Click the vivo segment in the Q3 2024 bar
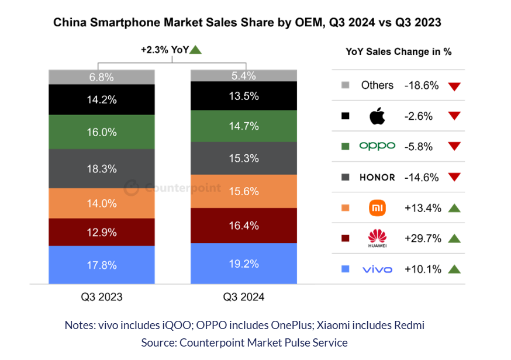[243, 263]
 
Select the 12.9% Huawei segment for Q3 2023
[102, 232]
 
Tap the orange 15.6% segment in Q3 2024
[243, 191]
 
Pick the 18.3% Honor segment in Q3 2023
[102, 168]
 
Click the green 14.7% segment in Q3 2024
[243, 126]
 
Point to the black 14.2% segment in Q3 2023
[102, 99]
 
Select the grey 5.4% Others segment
[243, 75]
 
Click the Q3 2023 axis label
[102, 297]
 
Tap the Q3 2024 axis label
[243, 297]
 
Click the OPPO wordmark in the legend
[377, 146]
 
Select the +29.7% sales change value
[422, 238]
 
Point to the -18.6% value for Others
[422, 85]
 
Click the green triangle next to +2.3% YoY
[196, 50]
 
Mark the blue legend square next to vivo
[345, 269]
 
